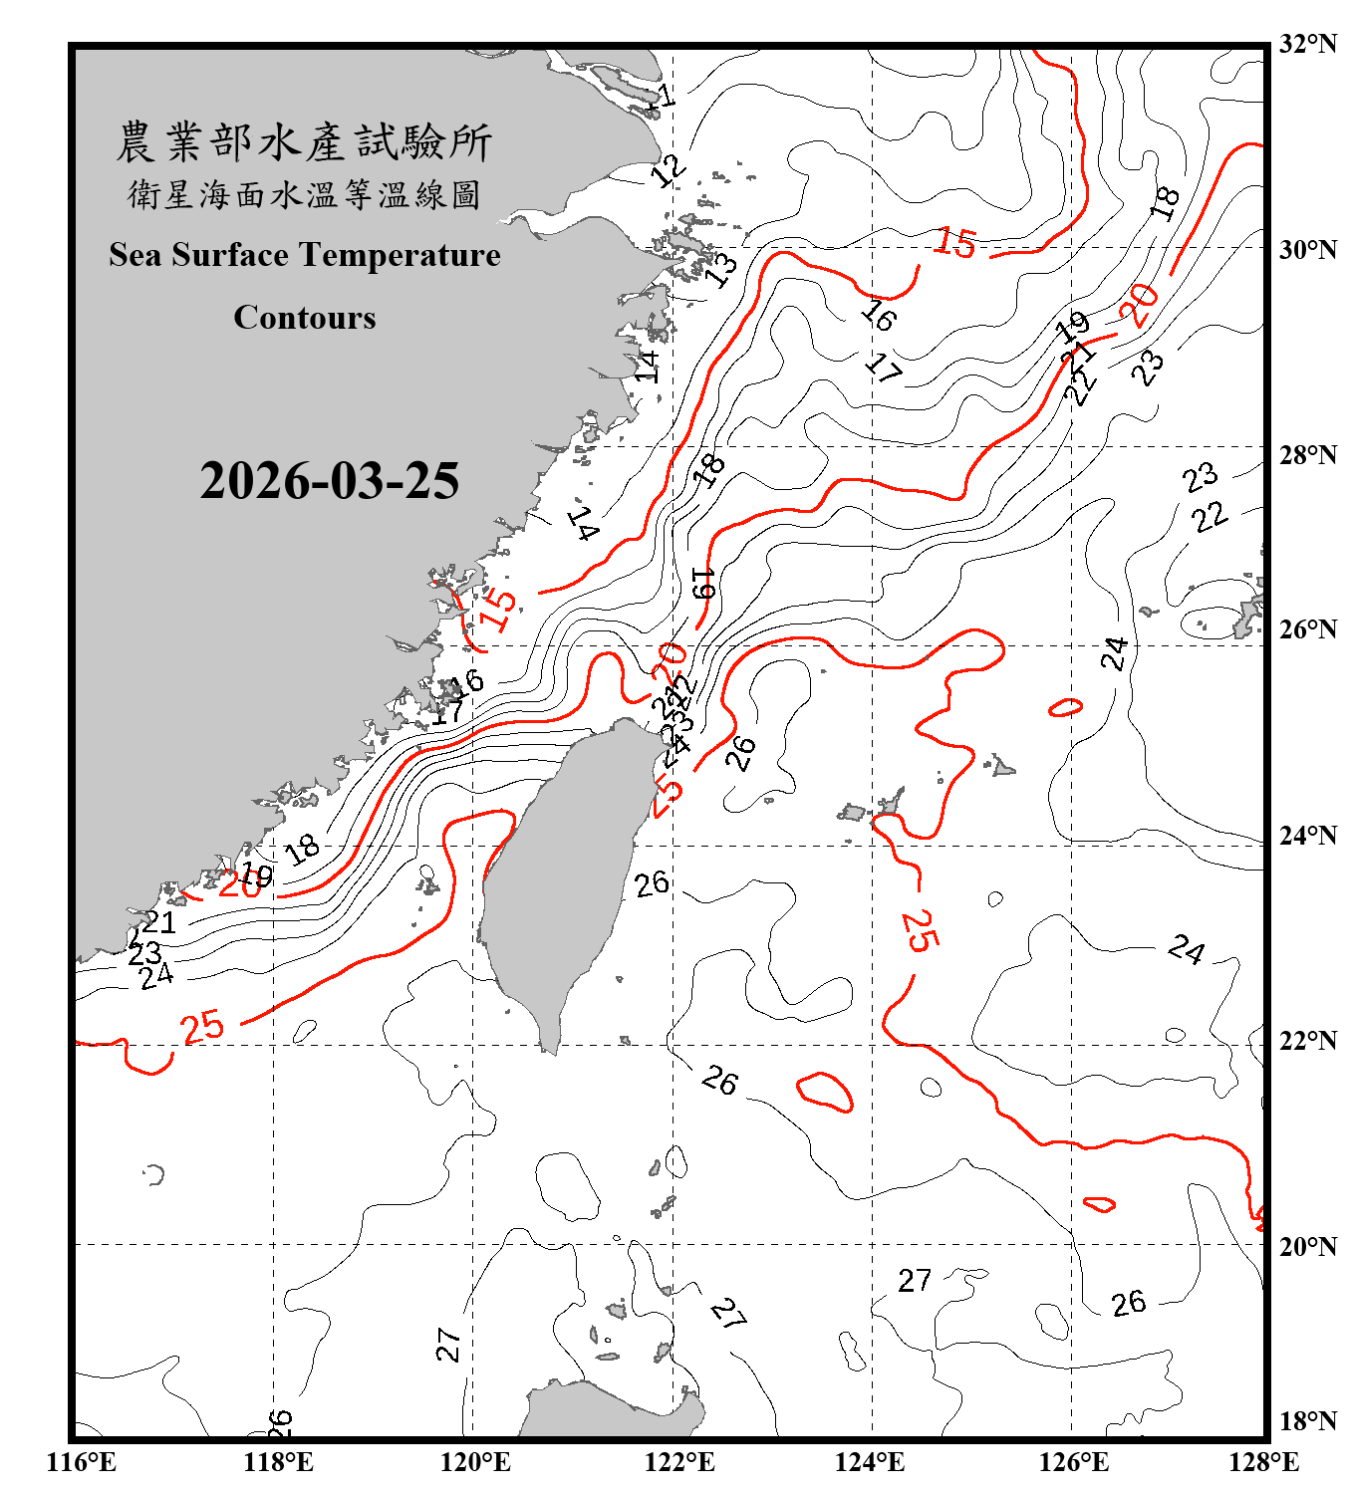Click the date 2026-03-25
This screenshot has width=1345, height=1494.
(329, 481)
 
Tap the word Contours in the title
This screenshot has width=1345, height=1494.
(305, 318)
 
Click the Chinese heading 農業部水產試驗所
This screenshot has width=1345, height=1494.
(305, 142)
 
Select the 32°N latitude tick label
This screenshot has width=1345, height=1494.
(1307, 44)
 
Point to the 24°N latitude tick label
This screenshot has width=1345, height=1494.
(1307, 836)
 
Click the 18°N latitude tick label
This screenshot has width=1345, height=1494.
(1307, 1421)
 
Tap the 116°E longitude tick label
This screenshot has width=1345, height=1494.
(82, 1462)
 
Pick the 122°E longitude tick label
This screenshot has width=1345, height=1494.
(679, 1462)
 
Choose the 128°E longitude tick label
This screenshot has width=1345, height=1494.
(1263, 1462)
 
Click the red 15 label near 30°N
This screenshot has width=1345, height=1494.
(955, 243)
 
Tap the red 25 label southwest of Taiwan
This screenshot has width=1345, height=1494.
(202, 1027)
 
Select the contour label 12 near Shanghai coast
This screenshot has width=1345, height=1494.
(668, 170)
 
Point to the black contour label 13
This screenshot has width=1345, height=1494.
(721, 267)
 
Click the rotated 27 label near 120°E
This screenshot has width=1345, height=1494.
(448, 1345)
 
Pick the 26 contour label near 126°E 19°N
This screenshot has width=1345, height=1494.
(1129, 1303)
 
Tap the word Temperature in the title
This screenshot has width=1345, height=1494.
(402, 255)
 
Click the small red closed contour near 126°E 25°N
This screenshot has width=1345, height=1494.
(1065, 708)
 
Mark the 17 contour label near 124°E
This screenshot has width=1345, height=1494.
(883, 368)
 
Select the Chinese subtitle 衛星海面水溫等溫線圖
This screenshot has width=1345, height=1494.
(305, 194)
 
